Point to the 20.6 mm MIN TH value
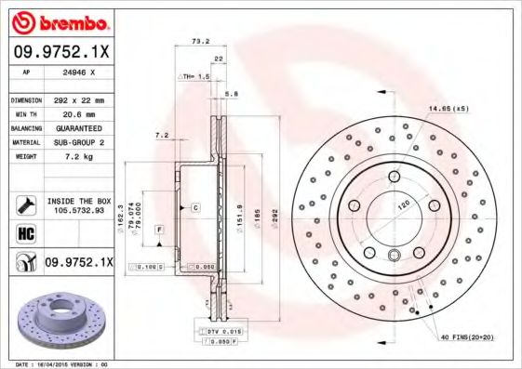pyautogui.click(x=74, y=113)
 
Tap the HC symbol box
pyautogui.click(x=26, y=231)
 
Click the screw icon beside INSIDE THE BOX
pyautogui.click(x=26, y=204)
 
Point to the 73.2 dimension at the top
pyautogui.click(x=198, y=42)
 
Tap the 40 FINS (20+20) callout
pyautogui.click(x=464, y=337)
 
